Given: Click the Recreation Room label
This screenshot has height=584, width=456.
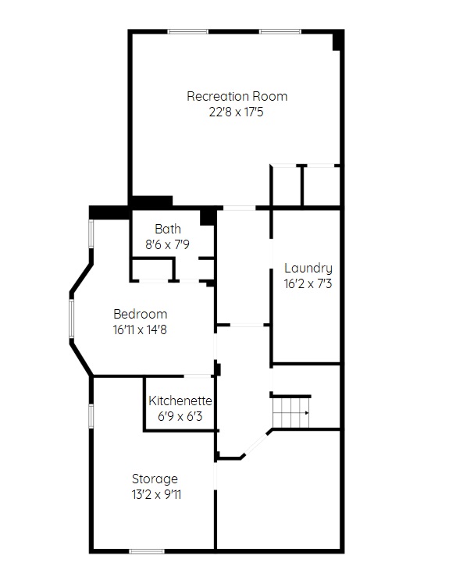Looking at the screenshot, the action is click(x=237, y=97).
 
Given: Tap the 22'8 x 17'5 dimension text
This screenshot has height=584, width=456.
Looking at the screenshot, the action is click(x=236, y=112).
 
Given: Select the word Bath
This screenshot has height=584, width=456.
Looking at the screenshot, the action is click(x=168, y=229).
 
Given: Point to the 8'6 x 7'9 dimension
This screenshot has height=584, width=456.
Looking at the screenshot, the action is click(x=167, y=244).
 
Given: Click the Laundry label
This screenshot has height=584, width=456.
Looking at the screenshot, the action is click(x=308, y=269).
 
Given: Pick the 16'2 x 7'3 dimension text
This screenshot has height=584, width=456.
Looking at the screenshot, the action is click(x=308, y=284).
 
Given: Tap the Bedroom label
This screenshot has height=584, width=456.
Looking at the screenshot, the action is click(x=140, y=314).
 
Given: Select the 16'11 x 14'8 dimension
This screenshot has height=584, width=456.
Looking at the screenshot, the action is click(x=140, y=330).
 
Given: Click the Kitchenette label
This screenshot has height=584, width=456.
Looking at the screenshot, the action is click(x=180, y=401).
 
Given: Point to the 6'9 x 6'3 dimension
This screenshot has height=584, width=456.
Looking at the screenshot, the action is click(x=180, y=416).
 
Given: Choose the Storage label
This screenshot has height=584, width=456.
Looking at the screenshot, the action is click(x=155, y=479).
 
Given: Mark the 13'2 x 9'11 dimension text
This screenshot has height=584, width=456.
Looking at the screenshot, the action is click(x=156, y=495).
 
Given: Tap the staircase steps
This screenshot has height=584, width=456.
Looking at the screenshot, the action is click(x=290, y=413).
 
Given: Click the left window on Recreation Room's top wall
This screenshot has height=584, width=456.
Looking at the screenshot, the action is click(x=187, y=32).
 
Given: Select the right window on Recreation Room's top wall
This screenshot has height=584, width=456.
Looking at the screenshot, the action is click(x=280, y=32).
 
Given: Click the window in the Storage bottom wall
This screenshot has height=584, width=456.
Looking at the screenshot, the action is click(x=147, y=551).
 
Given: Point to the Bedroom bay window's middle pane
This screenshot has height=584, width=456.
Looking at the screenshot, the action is click(x=72, y=319).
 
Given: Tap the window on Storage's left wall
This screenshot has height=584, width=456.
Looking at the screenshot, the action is click(x=91, y=415).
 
